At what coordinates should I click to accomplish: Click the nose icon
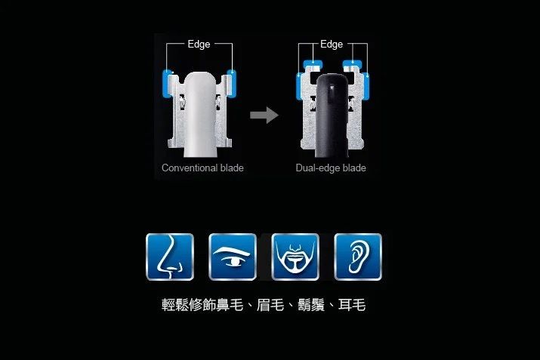[170, 257]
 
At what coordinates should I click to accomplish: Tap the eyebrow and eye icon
[233, 257]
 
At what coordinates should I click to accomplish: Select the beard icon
[295, 257]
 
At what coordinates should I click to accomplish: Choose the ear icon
[358, 257]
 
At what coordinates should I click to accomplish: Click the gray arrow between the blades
[264, 115]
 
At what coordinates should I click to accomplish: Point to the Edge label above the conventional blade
[199, 44]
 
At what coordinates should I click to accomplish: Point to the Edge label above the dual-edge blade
[332, 44]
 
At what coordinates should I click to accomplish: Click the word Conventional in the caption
[190, 168]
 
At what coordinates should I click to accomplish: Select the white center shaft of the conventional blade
[200, 113]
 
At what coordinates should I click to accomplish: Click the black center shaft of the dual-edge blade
[332, 115]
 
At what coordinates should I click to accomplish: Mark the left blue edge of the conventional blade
[168, 84]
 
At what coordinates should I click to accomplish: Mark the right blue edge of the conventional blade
[231, 82]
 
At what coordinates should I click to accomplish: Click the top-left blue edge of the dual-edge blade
[313, 64]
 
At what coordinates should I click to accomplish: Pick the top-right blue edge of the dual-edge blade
[352, 64]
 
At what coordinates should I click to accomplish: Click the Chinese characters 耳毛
[352, 305]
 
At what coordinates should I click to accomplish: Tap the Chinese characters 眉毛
[270, 305]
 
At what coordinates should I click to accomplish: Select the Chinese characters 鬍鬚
[311, 305]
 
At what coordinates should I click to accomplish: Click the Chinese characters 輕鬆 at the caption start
[175, 305]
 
